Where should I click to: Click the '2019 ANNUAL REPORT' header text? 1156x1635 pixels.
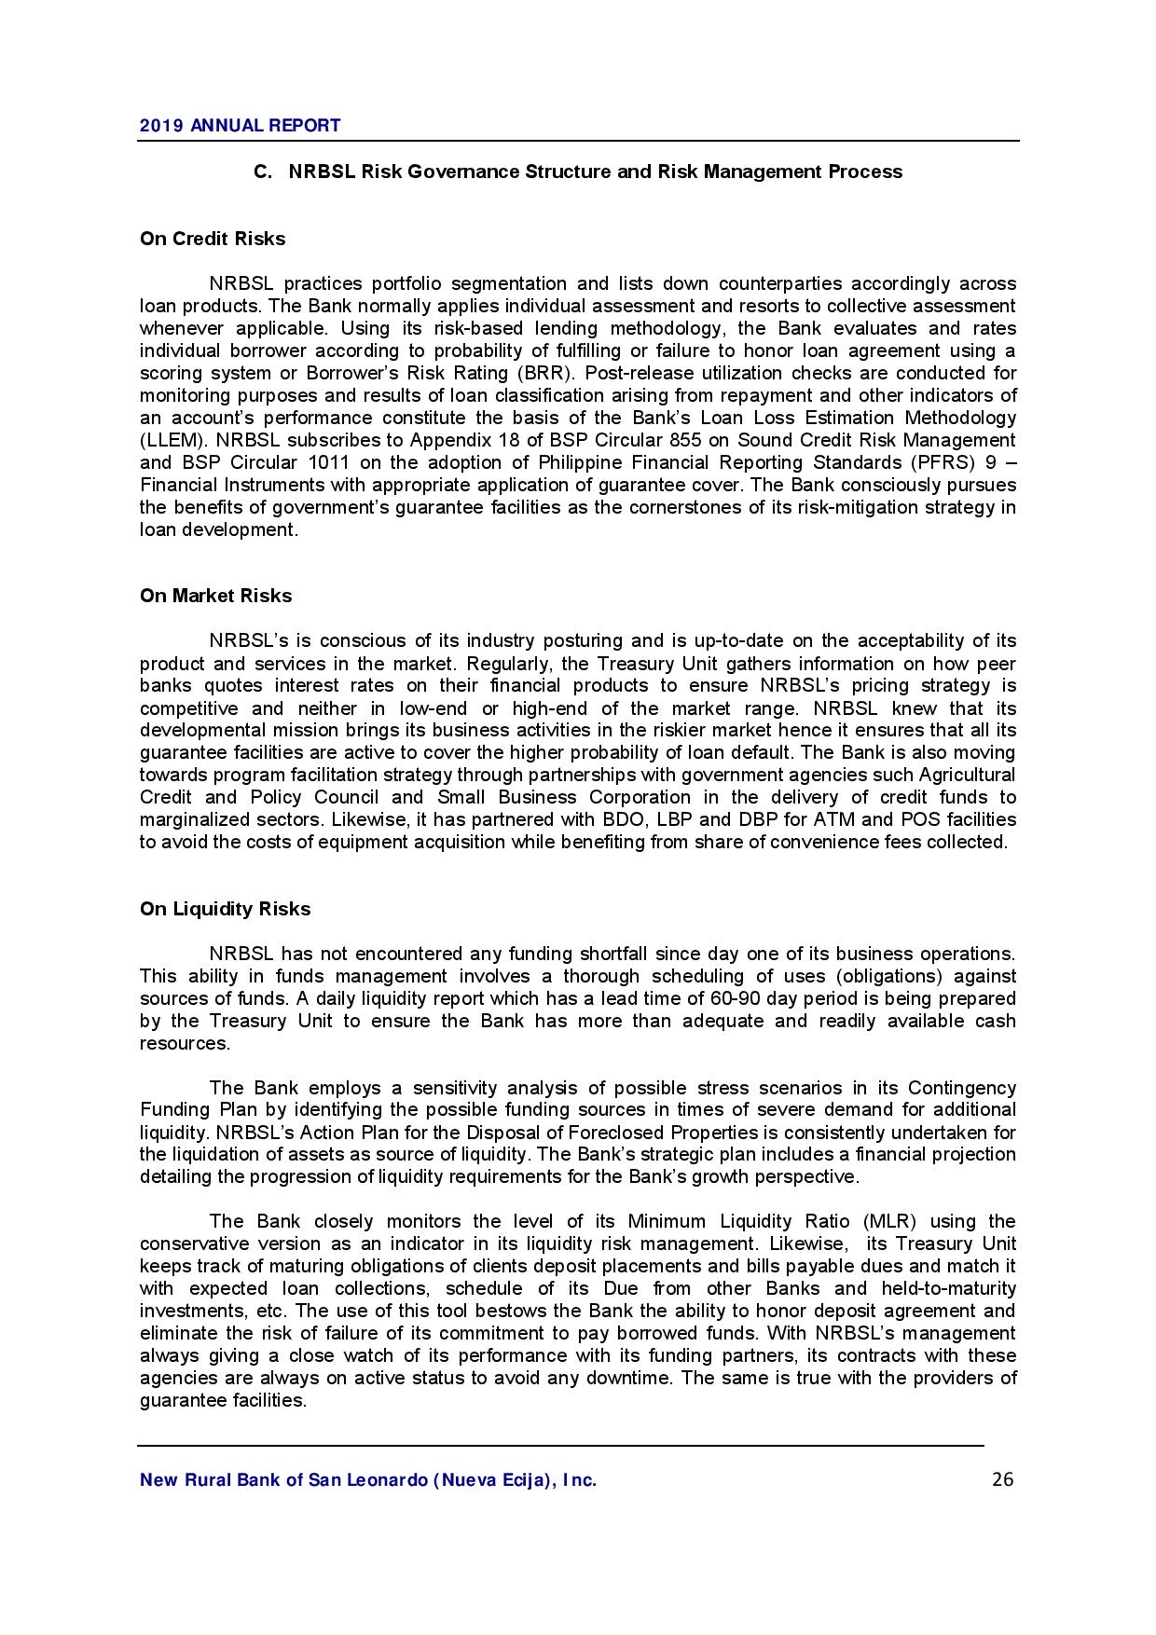[240, 125]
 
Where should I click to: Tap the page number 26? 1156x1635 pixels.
[1003, 1479]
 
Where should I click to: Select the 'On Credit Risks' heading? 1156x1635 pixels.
[213, 239]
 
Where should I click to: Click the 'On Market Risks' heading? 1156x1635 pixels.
[215, 596]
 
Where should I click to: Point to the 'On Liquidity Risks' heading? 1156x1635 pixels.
[225, 909]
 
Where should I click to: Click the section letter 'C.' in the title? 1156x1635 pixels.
[263, 172]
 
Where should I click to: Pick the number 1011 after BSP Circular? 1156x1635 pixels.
[347, 462]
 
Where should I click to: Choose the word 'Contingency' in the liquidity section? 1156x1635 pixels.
[961, 1088]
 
